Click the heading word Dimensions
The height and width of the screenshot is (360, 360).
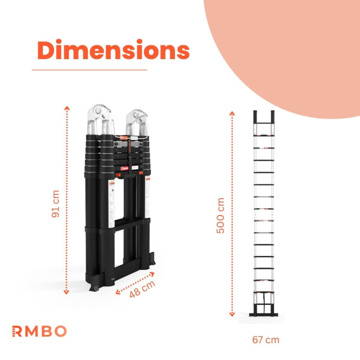113,51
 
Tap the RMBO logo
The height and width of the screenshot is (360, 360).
39,331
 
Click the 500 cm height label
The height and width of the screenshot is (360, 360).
220,215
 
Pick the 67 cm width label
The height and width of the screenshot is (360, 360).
266,340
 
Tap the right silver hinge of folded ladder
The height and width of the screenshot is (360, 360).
138,119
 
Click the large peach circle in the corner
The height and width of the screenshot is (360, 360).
287,45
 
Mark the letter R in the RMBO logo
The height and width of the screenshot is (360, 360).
17,331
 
